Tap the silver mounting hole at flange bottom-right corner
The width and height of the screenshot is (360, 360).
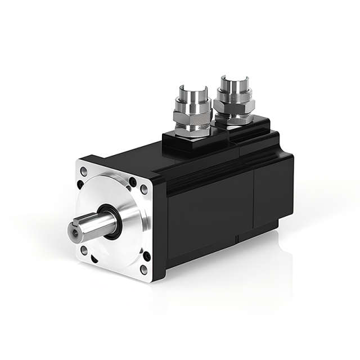143,269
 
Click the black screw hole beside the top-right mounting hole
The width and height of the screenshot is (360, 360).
132,181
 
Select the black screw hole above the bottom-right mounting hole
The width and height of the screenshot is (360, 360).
147,256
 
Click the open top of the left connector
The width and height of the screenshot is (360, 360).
192,89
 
